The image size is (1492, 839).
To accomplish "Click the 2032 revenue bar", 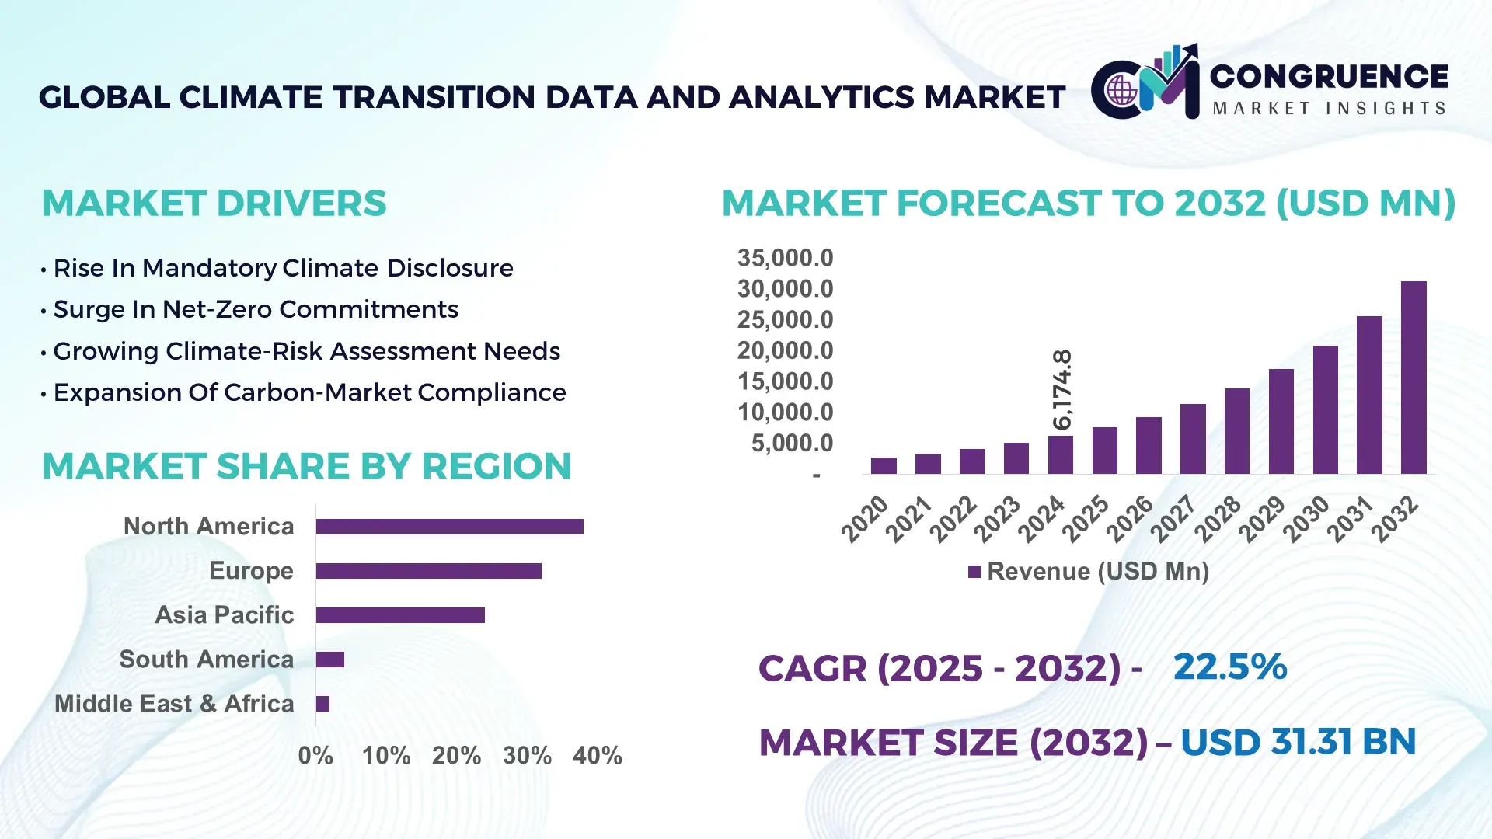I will pos(1414,378).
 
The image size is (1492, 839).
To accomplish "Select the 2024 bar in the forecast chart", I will pos(1060,455).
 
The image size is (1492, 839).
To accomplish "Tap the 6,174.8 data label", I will pos(1061,389).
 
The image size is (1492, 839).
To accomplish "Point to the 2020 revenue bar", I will pos(884,466).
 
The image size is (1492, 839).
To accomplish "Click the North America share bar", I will pos(449,527).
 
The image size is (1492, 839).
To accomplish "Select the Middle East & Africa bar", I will pos(322,704).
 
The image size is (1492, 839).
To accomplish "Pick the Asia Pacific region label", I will pos(225,615).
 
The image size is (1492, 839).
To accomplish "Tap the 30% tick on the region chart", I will pos(527,755).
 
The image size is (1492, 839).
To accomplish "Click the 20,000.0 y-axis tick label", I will pos(785,350).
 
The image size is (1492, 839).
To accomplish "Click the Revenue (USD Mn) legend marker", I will pos(974,572).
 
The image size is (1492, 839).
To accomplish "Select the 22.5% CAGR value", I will pos(1229,667).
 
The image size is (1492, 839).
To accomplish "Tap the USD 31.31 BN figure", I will pos(1298,742).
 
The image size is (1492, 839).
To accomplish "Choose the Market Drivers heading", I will pos(214,204).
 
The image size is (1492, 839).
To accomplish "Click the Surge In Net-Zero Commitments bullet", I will pos(256,309).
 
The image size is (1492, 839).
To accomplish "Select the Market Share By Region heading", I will pos(306,466).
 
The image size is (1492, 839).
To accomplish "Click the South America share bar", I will pos(330,660).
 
